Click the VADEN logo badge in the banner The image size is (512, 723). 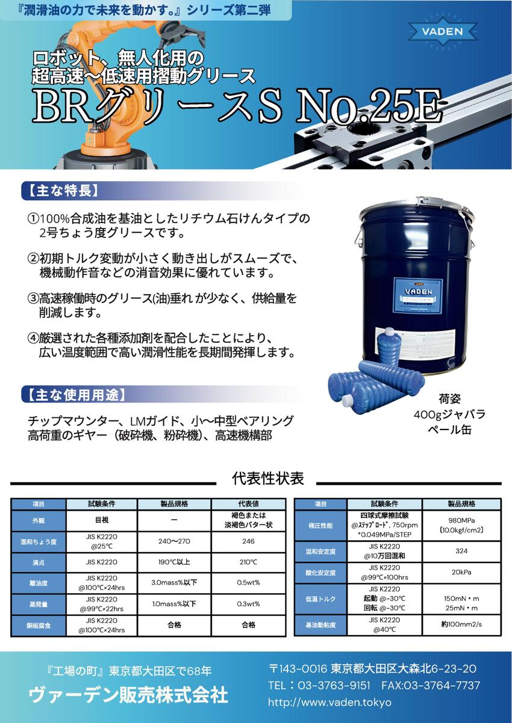[x=443, y=31]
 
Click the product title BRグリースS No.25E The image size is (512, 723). [x=237, y=107]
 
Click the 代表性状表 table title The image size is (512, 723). [x=268, y=478]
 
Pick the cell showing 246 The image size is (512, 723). [x=248, y=541]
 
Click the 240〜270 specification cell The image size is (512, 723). [x=174, y=541]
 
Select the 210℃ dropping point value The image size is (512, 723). [x=248, y=562]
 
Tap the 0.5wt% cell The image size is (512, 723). [x=248, y=583]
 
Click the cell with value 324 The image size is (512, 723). [x=461, y=551]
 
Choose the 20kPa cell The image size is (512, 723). [x=461, y=572]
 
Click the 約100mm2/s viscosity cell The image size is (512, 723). [x=461, y=624]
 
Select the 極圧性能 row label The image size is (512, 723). [x=320, y=526]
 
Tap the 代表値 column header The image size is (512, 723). [x=248, y=504]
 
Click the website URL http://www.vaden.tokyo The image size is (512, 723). [x=329, y=703]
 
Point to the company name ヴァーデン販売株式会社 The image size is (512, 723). [x=128, y=695]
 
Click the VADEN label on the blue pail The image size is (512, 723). [x=418, y=292]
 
